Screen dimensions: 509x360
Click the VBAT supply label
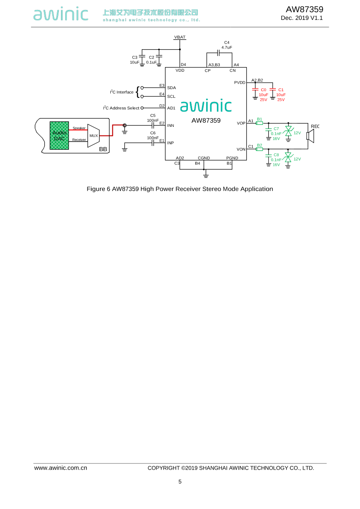(x=180, y=37)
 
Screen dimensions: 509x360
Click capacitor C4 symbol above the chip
(x=219, y=53)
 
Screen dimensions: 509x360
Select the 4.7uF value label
(x=227, y=47)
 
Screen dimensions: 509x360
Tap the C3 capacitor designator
(x=134, y=57)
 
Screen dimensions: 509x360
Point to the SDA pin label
(x=171, y=88)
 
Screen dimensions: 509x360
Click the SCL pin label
(x=171, y=97)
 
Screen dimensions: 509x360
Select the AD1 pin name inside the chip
(x=171, y=108)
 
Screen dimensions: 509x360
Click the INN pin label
(x=170, y=125)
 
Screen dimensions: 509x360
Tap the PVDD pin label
(x=240, y=82)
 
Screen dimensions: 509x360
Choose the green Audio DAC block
(x=59, y=136)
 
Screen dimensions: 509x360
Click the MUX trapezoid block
(x=94, y=136)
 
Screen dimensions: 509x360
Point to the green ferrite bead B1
(x=260, y=123)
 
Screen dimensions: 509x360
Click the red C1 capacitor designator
(x=281, y=90)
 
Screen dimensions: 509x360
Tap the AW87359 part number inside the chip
(x=206, y=121)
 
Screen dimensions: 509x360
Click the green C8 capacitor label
(x=276, y=155)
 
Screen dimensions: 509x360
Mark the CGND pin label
(x=204, y=158)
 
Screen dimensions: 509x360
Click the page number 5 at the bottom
(x=180, y=482)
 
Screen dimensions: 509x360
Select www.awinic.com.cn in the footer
(x=61, y=468)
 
